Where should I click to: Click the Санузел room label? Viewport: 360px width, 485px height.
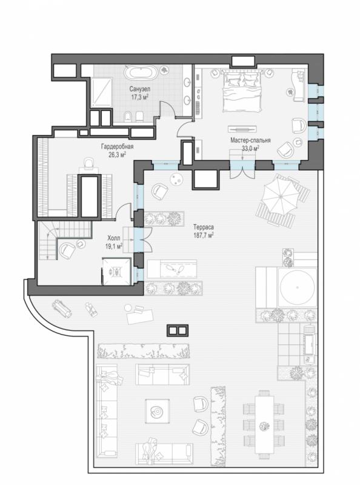click(x=140, y=89)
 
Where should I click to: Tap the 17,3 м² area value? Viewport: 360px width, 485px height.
click(x=139, y=97)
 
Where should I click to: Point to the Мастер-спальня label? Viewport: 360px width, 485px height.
click(x=250, y=141)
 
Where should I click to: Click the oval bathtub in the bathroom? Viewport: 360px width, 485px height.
click(x=141, y=73)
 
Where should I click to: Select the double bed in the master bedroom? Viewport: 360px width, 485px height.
click(x=243, y=92)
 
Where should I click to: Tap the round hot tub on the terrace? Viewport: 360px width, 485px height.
click(x=298, y=287)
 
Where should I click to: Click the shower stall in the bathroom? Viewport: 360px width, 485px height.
click(x=101, y=92)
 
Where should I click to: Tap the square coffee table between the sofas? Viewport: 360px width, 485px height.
click(x=158, y=411)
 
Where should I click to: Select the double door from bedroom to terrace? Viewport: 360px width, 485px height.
click(x=242, y=169)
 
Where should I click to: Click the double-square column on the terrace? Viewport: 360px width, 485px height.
click(x=177, y=330)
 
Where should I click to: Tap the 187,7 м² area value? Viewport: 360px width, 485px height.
click(x=203, y=235)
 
